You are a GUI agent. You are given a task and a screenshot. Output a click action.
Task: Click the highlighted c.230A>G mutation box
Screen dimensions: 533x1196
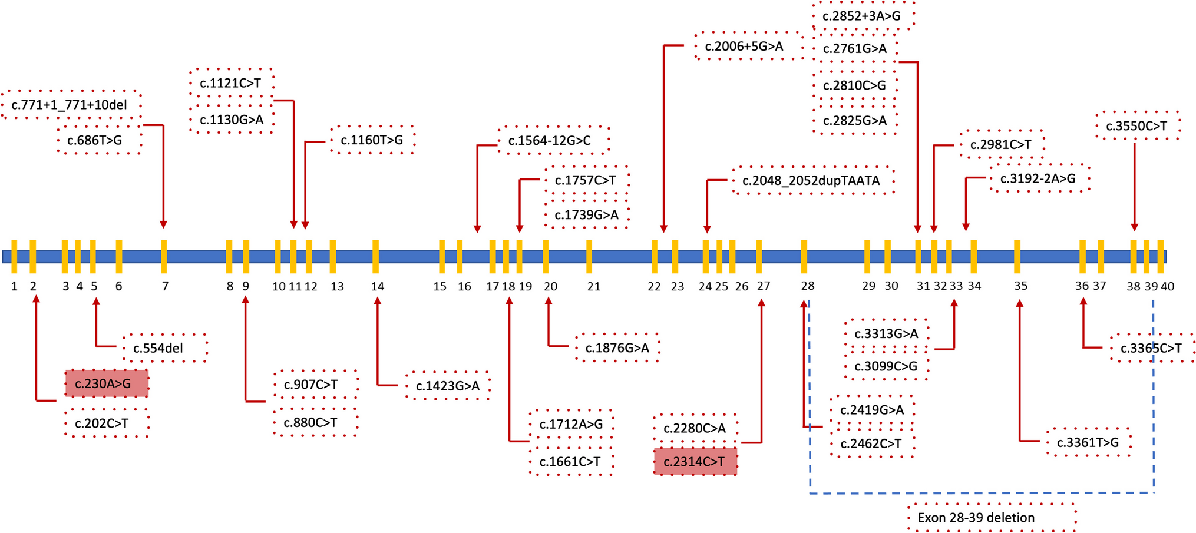[x=106, y=384]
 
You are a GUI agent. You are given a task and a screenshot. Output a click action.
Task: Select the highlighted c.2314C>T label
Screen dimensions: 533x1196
[x=695, y=462]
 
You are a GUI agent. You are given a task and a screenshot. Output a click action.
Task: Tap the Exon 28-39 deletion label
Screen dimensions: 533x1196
[x=992, y=518]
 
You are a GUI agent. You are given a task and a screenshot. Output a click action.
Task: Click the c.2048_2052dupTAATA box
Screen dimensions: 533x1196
[x=812, y=181]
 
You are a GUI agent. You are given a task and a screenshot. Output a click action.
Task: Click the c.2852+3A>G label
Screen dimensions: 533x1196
[x=863, y=16]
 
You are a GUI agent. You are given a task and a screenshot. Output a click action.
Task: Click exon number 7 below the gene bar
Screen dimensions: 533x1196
[x=165, y=286]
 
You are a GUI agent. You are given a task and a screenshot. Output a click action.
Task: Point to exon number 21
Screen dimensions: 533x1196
[x=594, y=286]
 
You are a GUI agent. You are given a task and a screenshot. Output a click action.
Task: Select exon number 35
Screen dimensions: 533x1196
[x=1020, y=286]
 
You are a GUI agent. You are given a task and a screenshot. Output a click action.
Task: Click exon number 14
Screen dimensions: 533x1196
[x=378, y=286]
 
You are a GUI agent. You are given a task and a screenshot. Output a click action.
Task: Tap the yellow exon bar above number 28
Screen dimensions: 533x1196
[x=804, y=257]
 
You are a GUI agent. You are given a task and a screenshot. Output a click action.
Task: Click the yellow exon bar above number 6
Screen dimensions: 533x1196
[x=119, y=257]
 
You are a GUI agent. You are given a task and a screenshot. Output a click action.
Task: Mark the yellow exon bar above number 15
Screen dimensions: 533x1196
[x=442, y=257]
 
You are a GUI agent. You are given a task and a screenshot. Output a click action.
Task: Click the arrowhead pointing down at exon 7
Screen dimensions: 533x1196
[x=163, y=224]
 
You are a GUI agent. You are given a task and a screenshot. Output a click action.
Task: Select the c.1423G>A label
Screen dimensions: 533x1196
[x=448, y=386]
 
